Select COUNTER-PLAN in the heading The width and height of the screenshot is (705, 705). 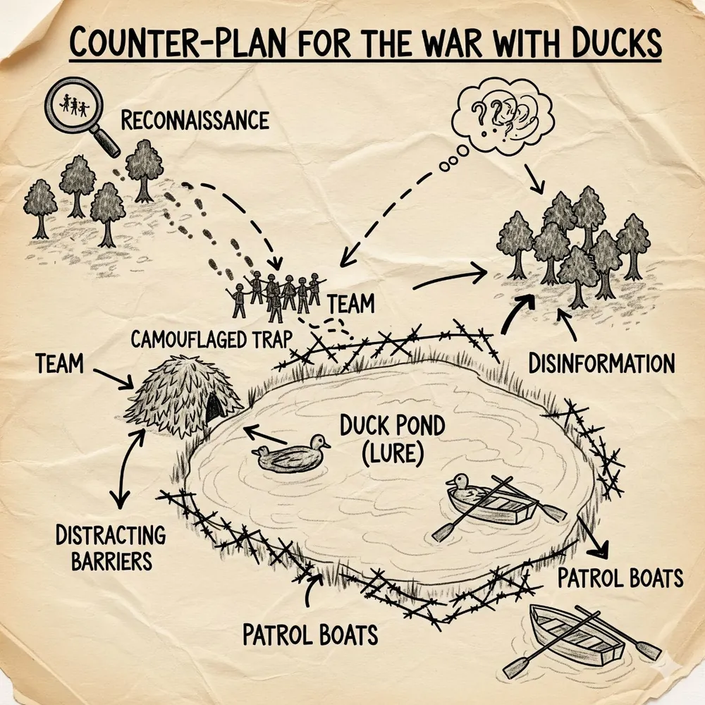(x=178, y=43)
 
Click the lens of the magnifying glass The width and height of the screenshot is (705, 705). (x=74, y=106)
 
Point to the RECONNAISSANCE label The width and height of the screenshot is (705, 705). (x=195, y=120)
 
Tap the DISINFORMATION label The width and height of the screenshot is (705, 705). (x=601, y=363)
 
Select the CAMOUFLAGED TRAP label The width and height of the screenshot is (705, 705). (x=211, y=339)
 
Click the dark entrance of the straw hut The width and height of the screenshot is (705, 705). (x=214, y=406)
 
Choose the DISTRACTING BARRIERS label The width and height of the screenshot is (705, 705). (x=111, y=548)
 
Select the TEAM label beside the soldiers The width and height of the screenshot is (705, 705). (x=350, y=304)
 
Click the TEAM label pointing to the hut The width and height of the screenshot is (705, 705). (x=59, y=363)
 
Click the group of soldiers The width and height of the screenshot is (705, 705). (x=275, y=295)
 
